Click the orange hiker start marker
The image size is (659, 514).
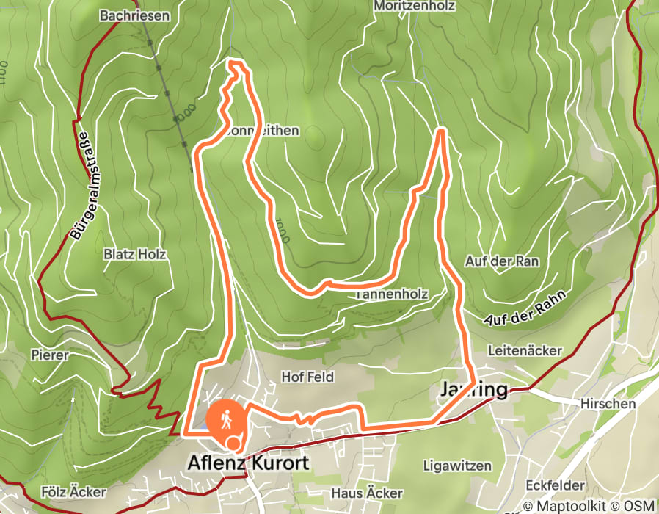click(226, 419)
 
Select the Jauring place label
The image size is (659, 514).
click(473, 389)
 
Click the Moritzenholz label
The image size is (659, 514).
click(415, 6)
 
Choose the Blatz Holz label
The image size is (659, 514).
click(135, 255)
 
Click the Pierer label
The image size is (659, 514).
click(50, 355)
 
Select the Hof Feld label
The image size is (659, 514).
click(307, 377)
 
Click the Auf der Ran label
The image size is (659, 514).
click(502, 261)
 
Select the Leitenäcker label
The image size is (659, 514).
click(525, 352)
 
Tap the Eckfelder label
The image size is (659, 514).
click(555, 485)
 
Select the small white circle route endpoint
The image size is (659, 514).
click(233, 442)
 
